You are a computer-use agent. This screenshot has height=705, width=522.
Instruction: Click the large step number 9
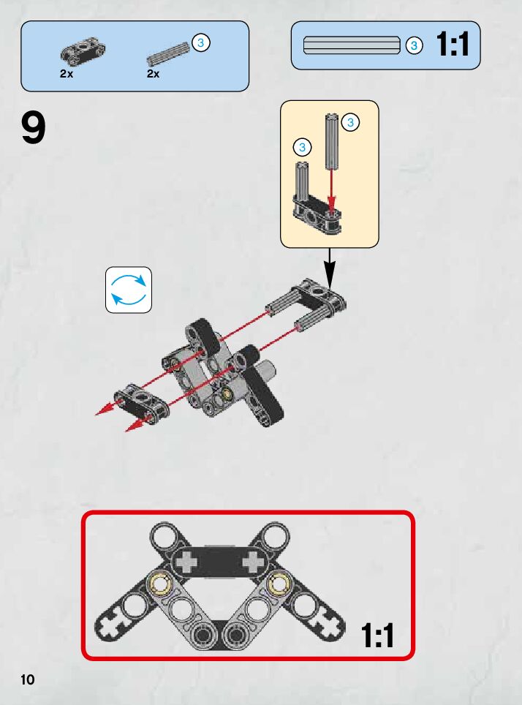tap(34, 128)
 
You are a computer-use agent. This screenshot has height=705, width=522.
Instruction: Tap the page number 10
tap(28, 679)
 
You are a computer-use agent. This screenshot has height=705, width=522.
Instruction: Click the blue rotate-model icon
tap(129, 290)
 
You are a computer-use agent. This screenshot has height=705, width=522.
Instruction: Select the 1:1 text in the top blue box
tap(453, 45)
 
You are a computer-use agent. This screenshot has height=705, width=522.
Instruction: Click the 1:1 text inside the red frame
tap(378, 635)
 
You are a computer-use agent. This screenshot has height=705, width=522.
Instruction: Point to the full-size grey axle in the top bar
tap(352, 45)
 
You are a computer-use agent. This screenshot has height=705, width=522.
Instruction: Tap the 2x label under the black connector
tap(67, 74)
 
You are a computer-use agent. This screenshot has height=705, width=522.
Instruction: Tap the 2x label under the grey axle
tap(154, 74)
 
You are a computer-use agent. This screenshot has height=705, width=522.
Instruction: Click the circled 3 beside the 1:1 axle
tap(414, 45)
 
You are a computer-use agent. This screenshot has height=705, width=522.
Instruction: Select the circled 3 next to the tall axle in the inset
tap(350, 122)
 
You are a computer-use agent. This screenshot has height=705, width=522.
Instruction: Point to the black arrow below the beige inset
tap(330, 268)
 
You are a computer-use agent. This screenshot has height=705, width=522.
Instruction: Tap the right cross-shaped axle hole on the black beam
tap(253, 562)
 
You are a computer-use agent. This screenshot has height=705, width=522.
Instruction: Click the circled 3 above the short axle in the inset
tap(302, 147)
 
